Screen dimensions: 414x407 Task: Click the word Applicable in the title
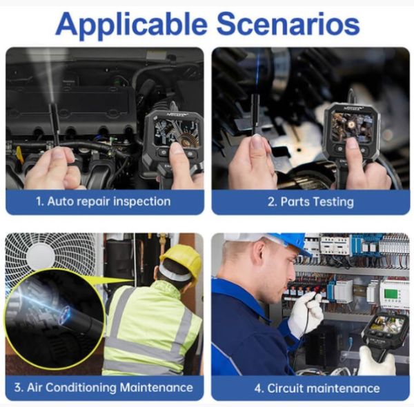click(131, 26)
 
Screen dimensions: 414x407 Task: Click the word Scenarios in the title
click(288, 23)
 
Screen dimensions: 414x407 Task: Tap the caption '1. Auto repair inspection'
click(103, 201)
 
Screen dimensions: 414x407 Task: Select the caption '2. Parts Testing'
click(310, 202)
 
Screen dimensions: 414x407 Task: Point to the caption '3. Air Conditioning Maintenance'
click(103, 388)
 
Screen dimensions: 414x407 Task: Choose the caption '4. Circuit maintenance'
click(317, 388)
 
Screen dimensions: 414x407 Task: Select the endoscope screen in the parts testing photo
click(352, 126)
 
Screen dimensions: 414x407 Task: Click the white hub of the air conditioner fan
click(41, 257)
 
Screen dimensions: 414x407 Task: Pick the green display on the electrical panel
click(391, 294)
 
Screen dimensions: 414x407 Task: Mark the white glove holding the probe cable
click(306, 314)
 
